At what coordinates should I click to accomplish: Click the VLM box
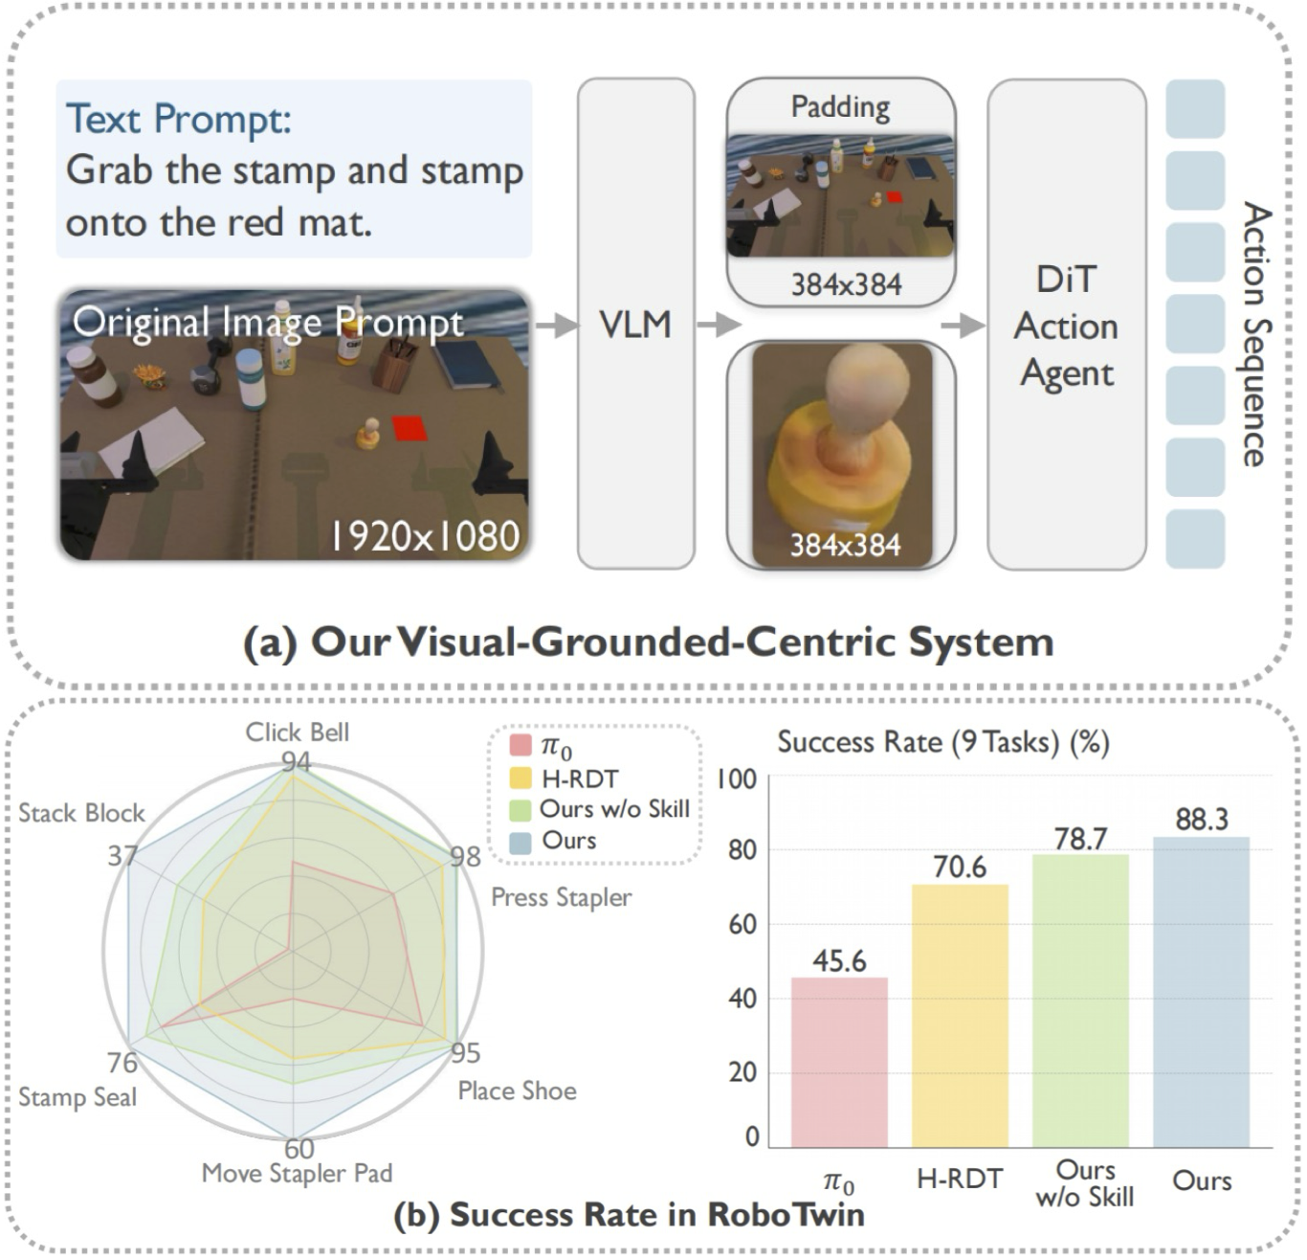636,324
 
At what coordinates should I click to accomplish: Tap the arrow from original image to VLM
556,326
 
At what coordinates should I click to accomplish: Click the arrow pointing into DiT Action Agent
963,326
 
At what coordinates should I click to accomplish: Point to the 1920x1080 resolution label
425,536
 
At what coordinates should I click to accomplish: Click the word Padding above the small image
840,106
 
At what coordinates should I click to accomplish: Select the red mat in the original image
410,428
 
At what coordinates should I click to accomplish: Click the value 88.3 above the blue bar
1201,820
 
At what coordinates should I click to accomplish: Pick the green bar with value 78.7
1080,1000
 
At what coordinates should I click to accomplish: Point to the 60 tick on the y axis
742,924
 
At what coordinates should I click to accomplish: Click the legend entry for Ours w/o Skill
613,809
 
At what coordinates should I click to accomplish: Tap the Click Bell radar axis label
297,732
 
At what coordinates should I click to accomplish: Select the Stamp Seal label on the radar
78,1097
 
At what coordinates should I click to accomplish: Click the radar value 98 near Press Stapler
465,855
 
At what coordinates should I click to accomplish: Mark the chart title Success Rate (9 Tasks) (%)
942,742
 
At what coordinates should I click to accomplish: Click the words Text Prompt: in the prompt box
178,120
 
